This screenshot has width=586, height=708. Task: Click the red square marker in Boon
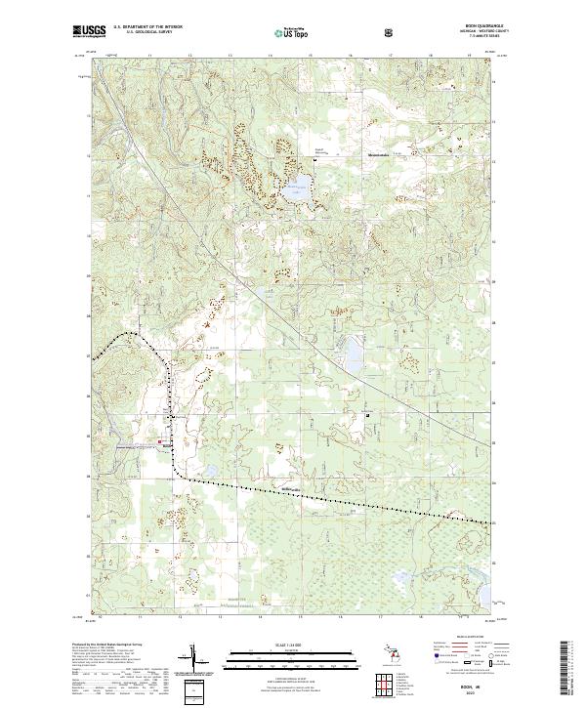click(x=161, y=443)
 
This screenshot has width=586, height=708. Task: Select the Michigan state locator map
click(x=394, y=660)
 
